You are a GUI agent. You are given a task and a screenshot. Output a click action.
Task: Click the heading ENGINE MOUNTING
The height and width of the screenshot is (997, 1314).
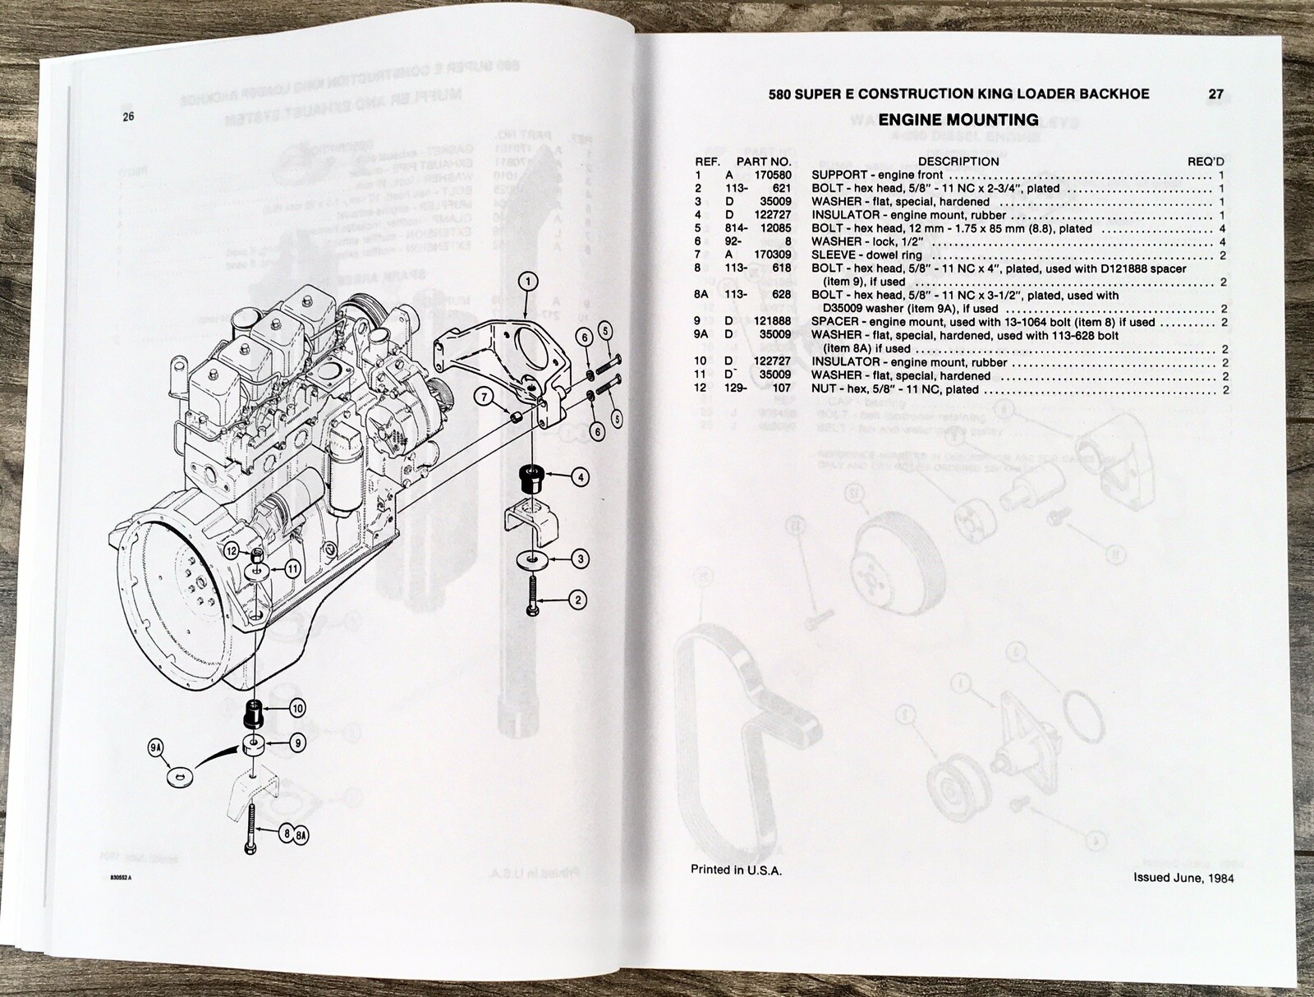click(x=958, y=120)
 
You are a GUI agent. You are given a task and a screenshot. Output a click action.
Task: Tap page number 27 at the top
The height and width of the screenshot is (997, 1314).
click(x=1215, y=94)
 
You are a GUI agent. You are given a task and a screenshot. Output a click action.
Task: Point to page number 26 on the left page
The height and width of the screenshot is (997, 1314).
click(x=127, y=117)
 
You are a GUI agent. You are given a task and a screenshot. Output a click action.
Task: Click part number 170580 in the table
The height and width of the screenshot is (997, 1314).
click(x=773, y=175)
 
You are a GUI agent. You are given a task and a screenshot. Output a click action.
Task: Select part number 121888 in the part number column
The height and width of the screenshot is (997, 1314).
click(x=773, y=322)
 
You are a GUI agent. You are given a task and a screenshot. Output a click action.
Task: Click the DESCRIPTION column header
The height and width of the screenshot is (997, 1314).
click(x=958, y=162)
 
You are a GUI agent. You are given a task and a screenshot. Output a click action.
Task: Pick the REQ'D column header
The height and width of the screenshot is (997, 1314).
click(x=1206, y=162)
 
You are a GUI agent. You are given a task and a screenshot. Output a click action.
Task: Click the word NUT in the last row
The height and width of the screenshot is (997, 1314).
click(x=824, y=389)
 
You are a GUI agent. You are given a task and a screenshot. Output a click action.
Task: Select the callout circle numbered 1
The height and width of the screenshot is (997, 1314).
click(x=528, y=282)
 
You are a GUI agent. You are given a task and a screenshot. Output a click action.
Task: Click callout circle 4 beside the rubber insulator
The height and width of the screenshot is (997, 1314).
click(x=581, y=476)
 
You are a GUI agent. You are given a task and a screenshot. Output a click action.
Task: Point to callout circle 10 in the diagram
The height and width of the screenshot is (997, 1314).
click(x=297, y=708)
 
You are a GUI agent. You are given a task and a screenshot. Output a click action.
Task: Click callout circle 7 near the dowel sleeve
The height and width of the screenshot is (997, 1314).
click(x=485, y=397)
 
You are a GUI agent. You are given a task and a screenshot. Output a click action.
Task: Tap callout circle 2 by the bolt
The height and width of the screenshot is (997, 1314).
click(x=578, y=600)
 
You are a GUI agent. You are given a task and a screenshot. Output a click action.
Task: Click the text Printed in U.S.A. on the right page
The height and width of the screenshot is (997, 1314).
click(x=736, y=871)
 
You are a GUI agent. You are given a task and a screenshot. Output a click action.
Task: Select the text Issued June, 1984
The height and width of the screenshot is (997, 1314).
click(x=1183, y=877)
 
